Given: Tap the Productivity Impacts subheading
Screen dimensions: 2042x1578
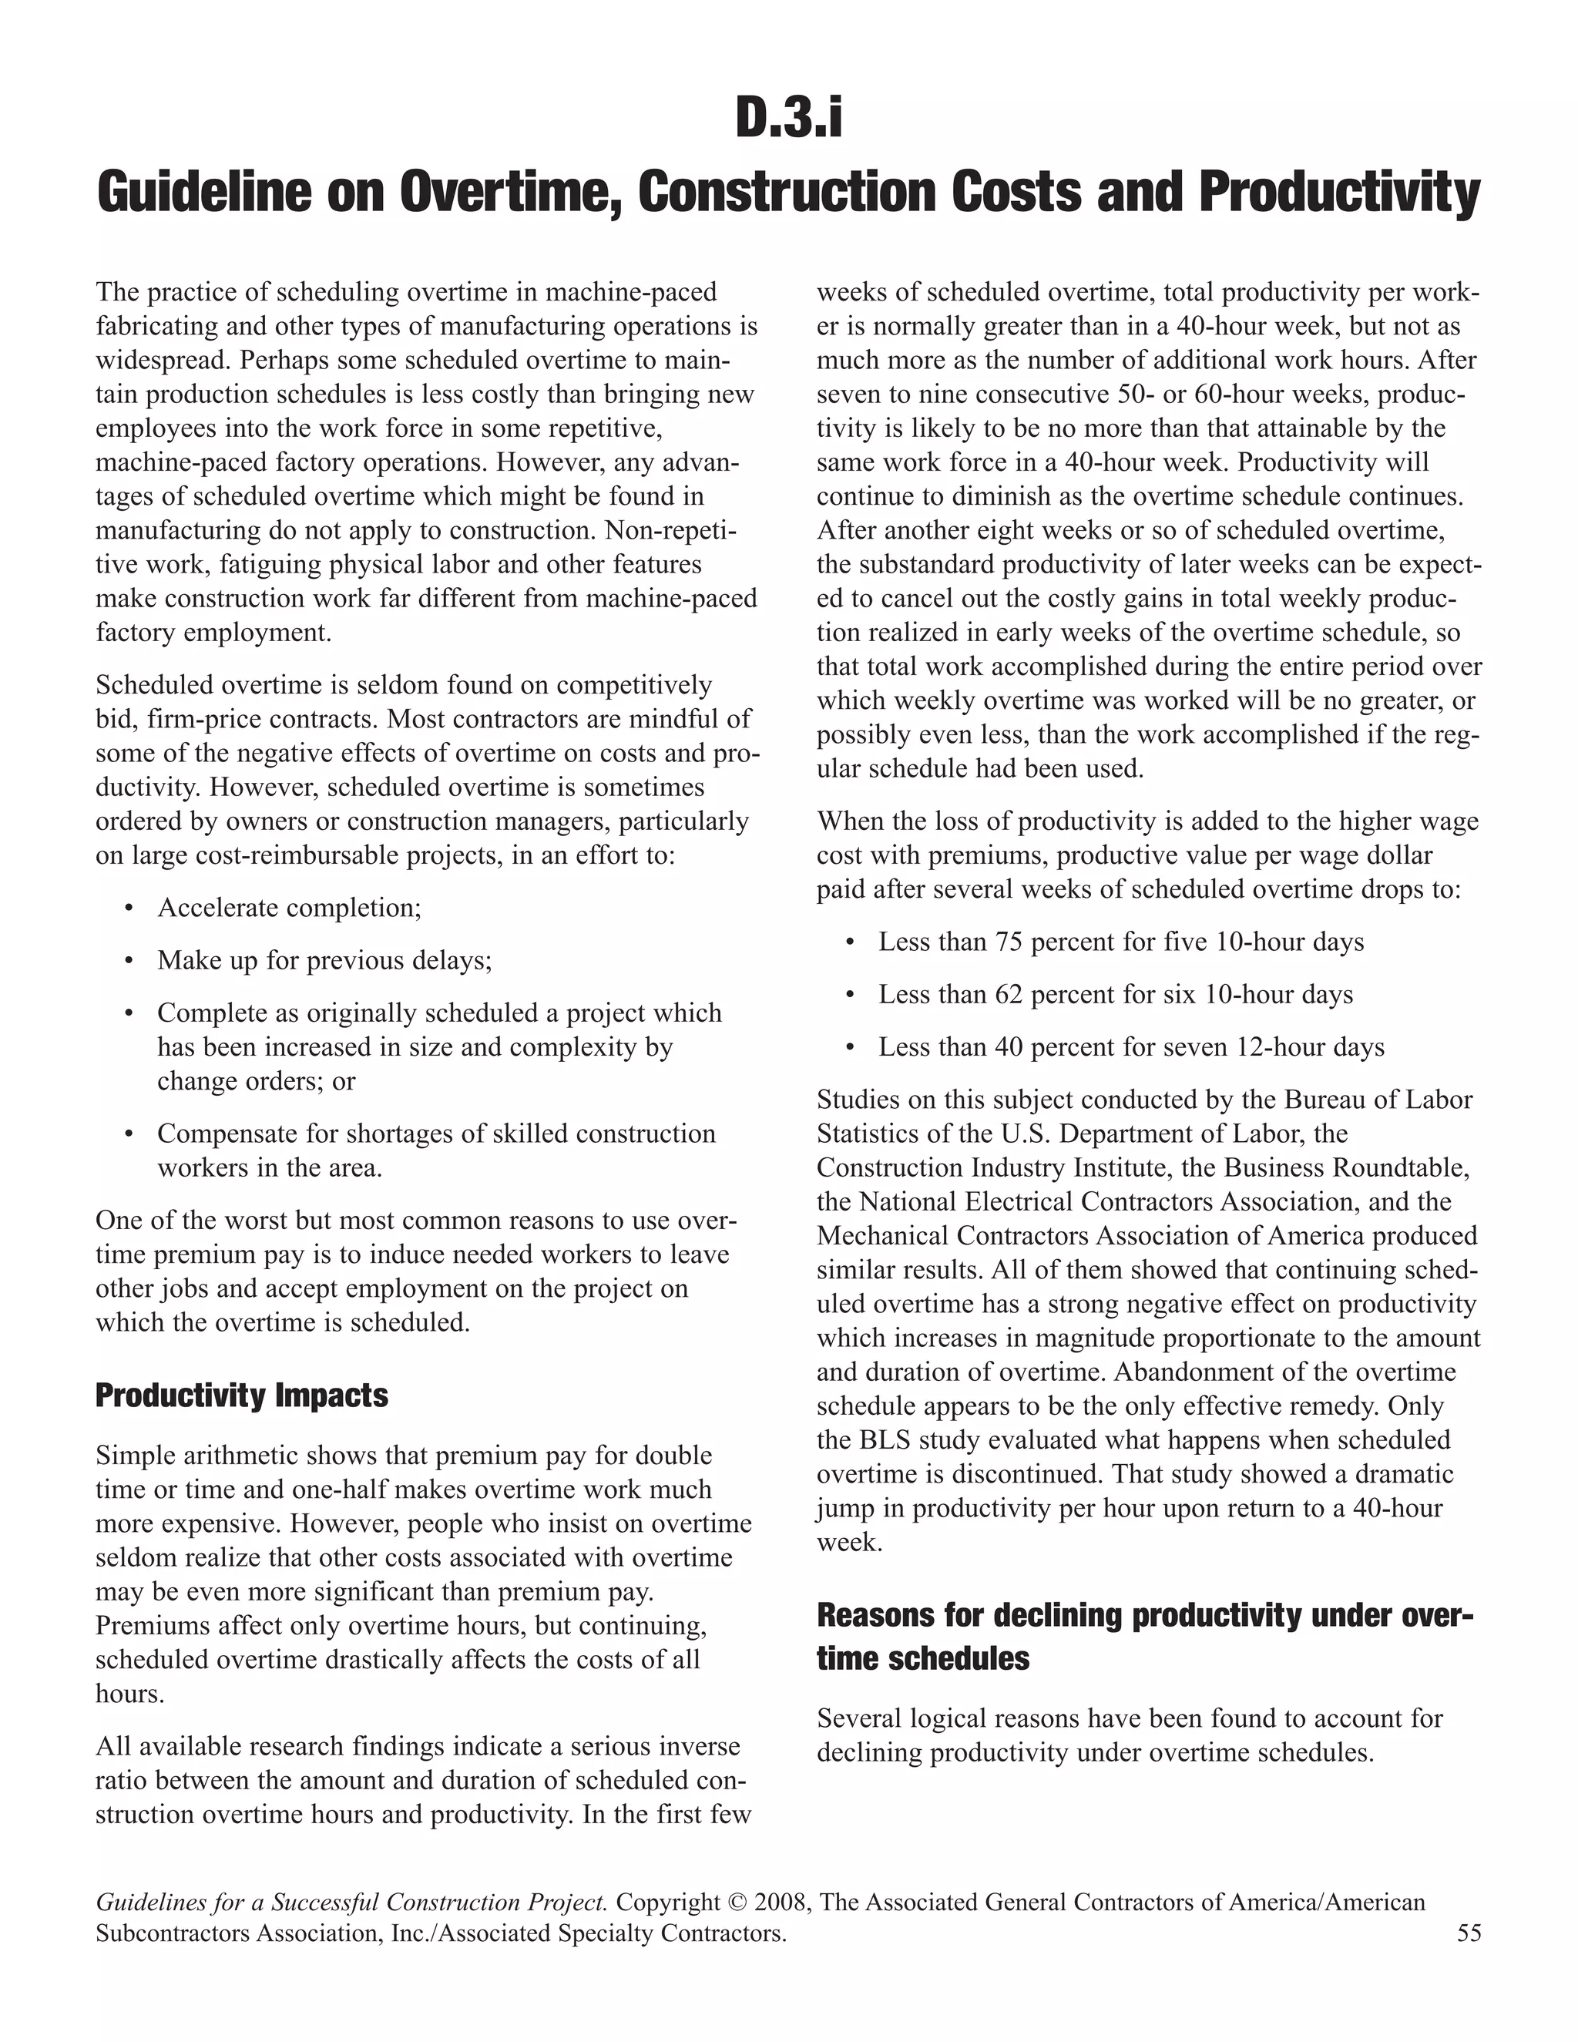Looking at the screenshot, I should click(x=241, y=1396).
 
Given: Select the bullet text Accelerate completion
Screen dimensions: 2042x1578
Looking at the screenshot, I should click(x=289, y=908).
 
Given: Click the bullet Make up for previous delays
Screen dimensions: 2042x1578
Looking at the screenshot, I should click(x=324, y=960).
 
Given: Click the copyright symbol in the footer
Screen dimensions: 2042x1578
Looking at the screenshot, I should click(x=737, y=1903).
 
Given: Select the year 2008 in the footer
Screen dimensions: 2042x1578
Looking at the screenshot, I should click(x=781, y=1903).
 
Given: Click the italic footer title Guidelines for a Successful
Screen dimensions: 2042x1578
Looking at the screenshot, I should click(x=351, y=1903).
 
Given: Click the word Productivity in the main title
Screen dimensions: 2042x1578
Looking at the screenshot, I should click(x=1338, y=192).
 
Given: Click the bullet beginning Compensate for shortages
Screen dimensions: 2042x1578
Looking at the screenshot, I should click(x=435, y=1134).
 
